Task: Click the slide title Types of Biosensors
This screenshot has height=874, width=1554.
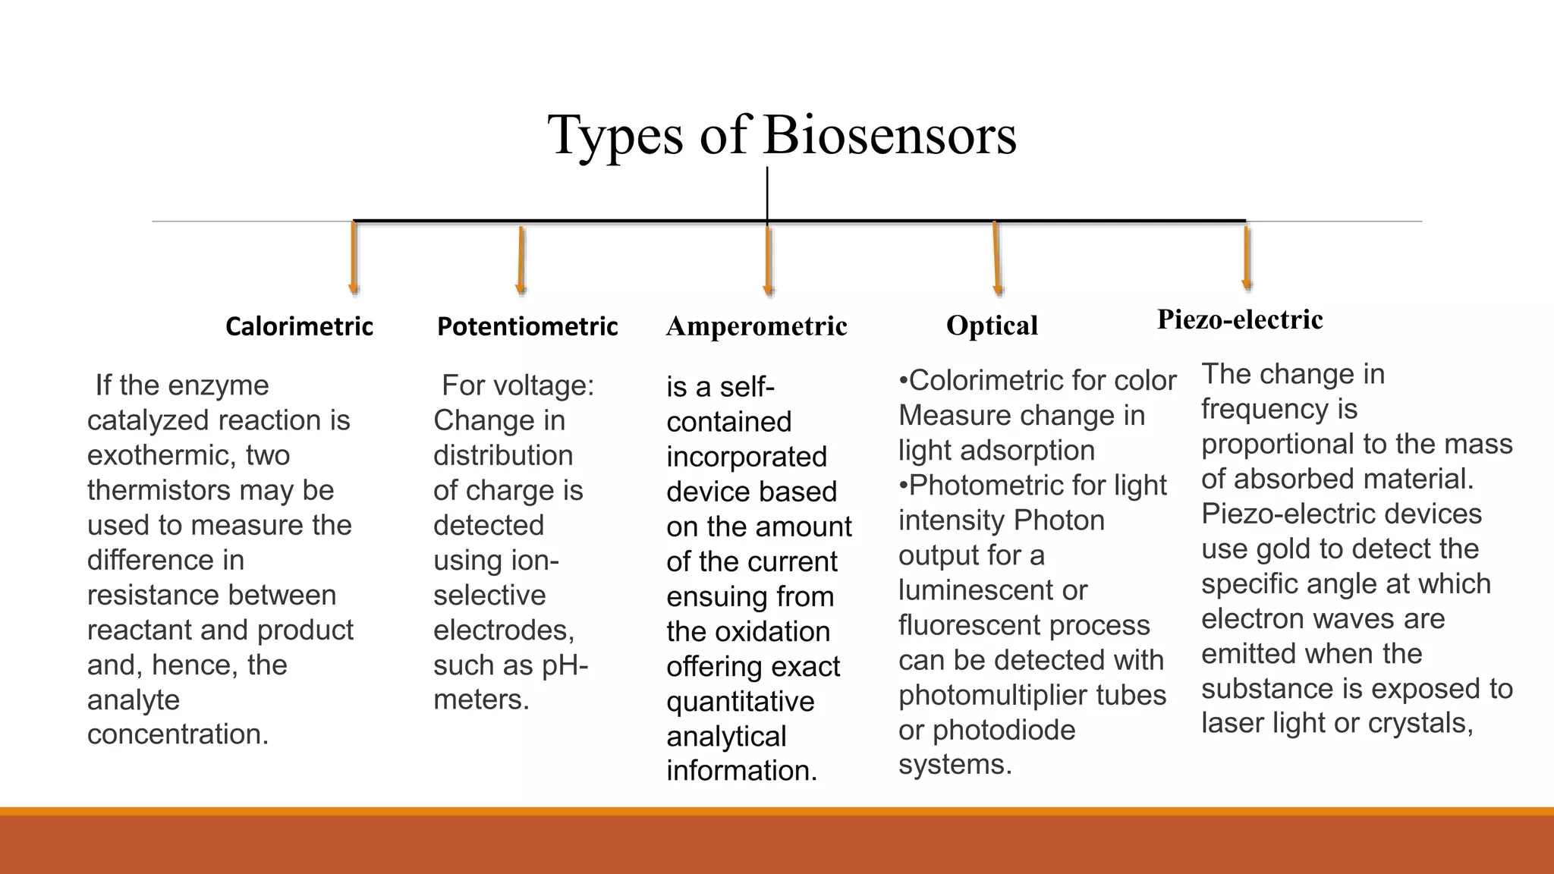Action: click(782, 135)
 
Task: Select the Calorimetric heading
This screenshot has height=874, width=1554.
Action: click(299, 326)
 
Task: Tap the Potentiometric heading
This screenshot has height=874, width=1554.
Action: click(527, 326)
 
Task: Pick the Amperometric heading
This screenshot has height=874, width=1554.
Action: click(756, 326)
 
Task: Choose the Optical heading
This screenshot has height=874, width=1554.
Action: click(992, 325)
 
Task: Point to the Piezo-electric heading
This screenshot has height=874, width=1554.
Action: click(1240, 319)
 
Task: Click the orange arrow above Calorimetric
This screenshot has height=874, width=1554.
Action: click(354, 258)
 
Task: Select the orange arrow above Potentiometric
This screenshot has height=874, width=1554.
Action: click(521, 260)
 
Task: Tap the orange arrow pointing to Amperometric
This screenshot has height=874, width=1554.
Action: click(768, 260)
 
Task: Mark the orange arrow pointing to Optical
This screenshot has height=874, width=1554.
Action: click(996, 259)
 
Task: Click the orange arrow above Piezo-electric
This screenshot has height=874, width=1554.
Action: click(1246, 258)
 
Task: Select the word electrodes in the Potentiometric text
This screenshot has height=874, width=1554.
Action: click(502, 630)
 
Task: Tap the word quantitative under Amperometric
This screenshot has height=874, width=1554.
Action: click(740, 701)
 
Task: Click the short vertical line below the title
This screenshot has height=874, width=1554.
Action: click(767, 193)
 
